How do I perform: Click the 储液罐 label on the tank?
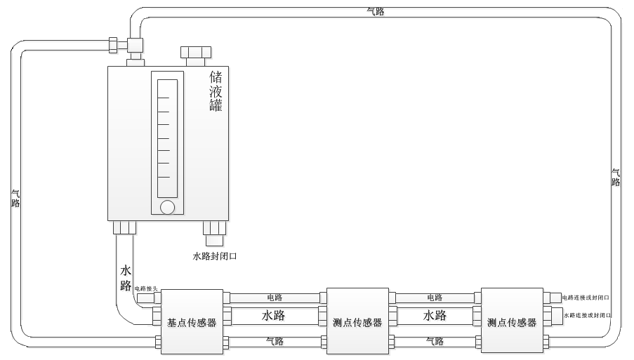[x=216, y=91]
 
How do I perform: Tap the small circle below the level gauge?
[x=167, y=207]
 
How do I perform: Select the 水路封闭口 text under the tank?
[x=215, y=256]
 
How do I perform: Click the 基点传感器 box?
[x=192, y=322]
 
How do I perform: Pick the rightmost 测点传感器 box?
[x=512, y=321]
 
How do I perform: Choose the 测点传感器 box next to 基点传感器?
[x=357, y=321]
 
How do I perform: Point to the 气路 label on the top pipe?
[x=376, y=12]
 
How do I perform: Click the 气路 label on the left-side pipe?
[x=15, y=199]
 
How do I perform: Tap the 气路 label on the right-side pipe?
[x=616, y=178]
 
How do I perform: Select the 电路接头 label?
[x=146, y=288]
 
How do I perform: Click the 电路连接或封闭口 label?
[x=586, y=298]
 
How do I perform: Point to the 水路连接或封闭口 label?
[x=588, y=316]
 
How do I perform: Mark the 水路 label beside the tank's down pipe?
[x=126, y=278]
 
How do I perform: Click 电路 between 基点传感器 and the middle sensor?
[x=275, y=298]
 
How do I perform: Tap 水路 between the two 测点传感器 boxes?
[x=435, y=316]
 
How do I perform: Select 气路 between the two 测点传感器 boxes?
[x=435, y=342]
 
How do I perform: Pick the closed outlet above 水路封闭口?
[x=214, y=229]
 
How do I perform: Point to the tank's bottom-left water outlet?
[x=124, y=227]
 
